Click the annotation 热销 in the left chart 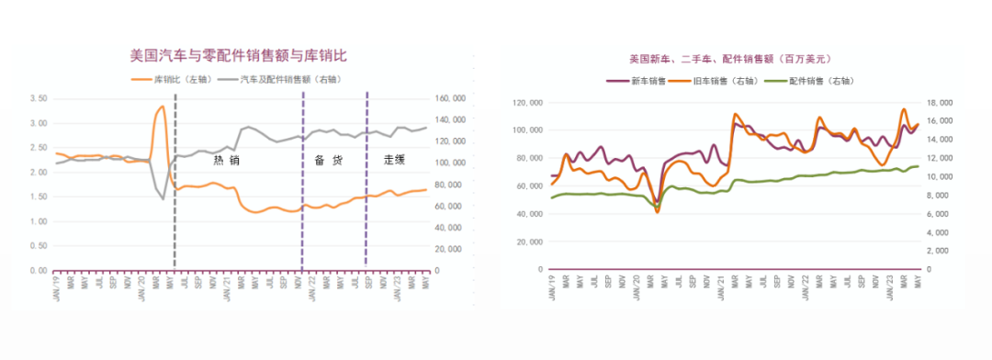(x=227, y=160)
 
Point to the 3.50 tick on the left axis (x=38, y=98)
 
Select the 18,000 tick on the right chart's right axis (x=947, y=103)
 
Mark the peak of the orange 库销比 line (x=163, y=107)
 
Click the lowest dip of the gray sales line (x=163, y=198)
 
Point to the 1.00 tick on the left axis (x=38, y=221)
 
